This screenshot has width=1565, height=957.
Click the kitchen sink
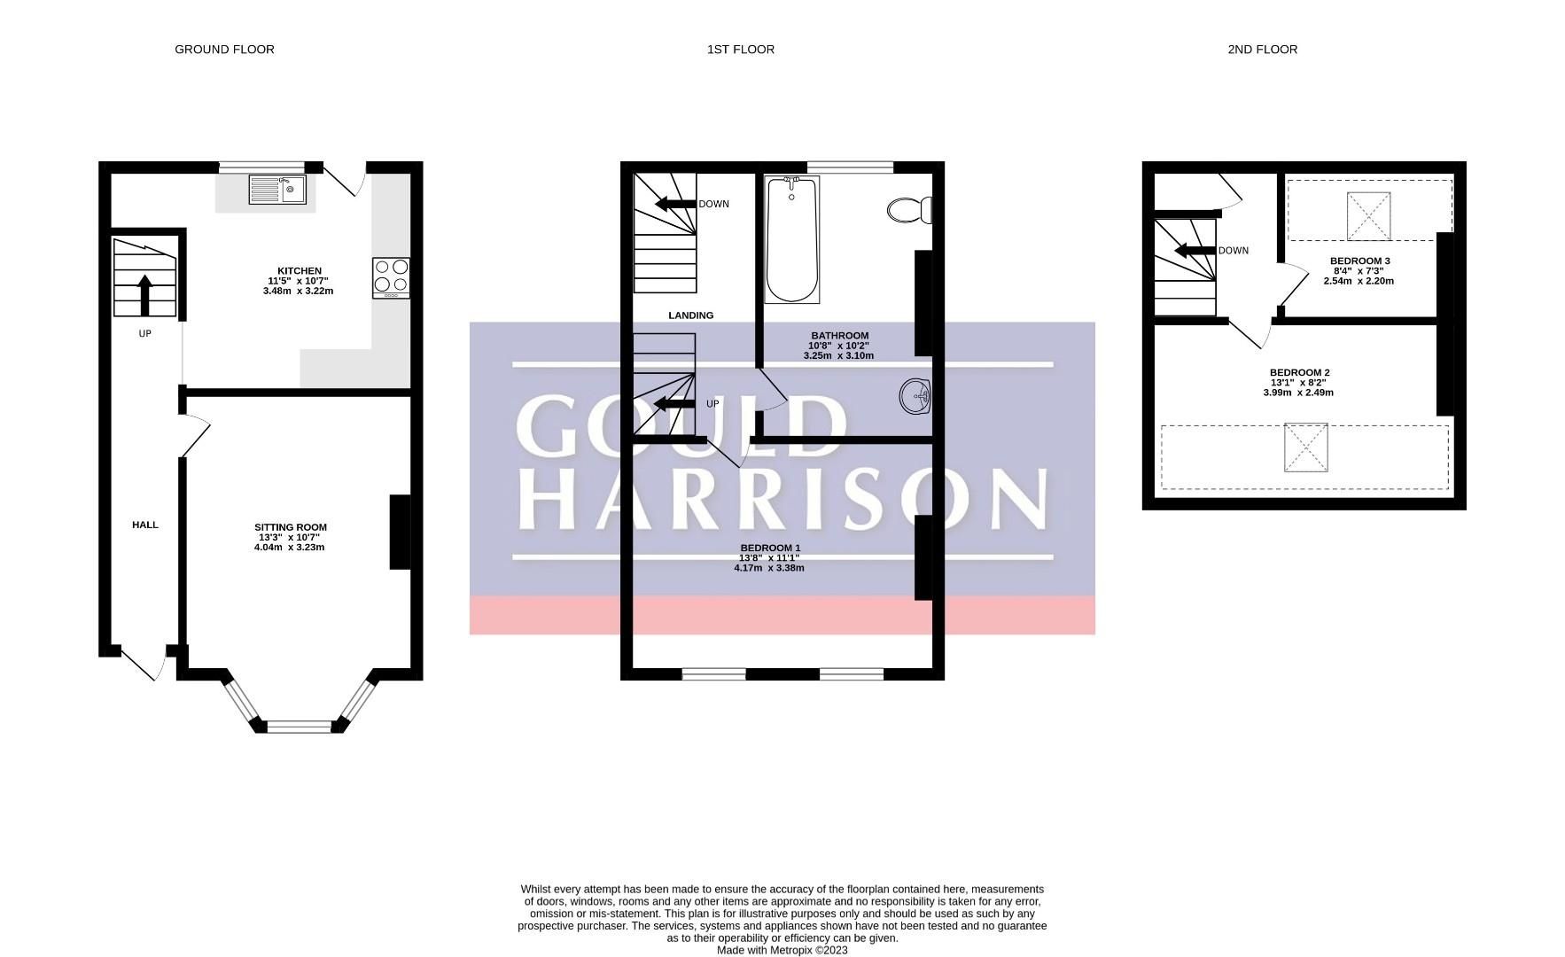point(277,191)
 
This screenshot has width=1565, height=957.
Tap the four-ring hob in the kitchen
point(391,276)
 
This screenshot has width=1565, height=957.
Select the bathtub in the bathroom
point(791,240)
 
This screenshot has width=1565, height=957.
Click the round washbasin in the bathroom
point(915,396)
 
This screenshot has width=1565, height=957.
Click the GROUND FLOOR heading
point(224,50)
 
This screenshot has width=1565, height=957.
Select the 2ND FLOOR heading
point(1262,50)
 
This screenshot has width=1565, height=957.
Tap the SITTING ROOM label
point(290,527)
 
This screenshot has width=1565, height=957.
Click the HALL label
point(145,525)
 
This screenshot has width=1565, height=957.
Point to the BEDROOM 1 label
point(770,548)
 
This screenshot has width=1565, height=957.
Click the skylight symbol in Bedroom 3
point(1369,216)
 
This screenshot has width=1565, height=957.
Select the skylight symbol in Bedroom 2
point(1306,447)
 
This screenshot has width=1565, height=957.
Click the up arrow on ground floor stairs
point(145,294)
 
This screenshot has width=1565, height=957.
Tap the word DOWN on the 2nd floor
point(1233,251)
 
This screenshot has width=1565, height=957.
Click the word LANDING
point(690,315)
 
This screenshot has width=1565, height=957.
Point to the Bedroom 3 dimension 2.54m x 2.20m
point(1359,281)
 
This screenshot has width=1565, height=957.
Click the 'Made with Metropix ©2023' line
point(782,950)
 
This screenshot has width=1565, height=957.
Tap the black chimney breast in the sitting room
point(400,532)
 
